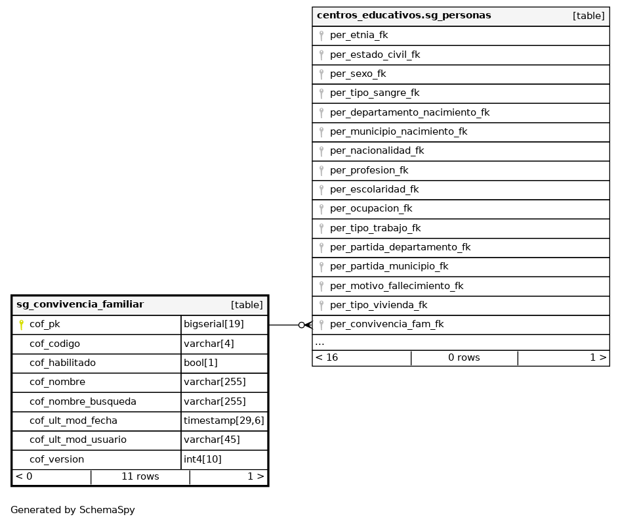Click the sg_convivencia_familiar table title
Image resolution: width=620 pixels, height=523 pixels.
pyautogui.click(x=80, y=304)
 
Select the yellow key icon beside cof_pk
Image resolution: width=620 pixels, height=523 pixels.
pyautogui.click(x=21, y=324)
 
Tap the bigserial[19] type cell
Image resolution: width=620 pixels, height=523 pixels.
pyautogui.click(x=214, y=324)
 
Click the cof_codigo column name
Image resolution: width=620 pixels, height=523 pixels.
pyautogui.click(x=54, y=344)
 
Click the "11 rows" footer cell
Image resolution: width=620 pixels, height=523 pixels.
pyautogui.click(x=140, y=476)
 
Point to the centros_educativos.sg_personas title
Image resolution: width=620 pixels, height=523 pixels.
pyautogui.click(x=403, y=15)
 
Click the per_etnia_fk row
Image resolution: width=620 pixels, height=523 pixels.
pyautogui.click(x=359, y=35)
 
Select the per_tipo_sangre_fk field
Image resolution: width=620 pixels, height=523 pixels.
pyautogui.click(x=375, y=93)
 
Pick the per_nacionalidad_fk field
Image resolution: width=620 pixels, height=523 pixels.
pyautogui.click(x=377, y=151)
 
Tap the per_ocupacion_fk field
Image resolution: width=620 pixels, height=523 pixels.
pyautogui.click(x=371, y=209)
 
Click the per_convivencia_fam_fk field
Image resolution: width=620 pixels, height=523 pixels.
pyautogui.click(x=386, y=324)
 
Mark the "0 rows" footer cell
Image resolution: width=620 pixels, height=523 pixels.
pyautogui.click(x=464, y=357)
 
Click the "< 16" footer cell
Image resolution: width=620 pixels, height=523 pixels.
pyautogui.click(x=327, y=357)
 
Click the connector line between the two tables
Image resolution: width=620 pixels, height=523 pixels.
pyautogui.click(x=283, y=325)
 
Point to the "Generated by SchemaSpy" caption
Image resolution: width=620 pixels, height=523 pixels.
pyautogui.click(x=72, y=510)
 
